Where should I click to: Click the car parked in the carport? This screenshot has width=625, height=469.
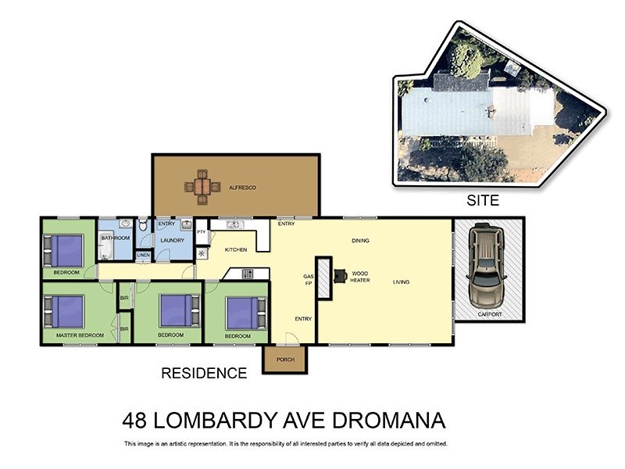pos(484,266)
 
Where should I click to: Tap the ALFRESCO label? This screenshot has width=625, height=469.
pos(242,188)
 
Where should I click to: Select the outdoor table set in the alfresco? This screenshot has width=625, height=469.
pos(202,188)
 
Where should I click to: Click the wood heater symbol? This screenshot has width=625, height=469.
pos(341,275)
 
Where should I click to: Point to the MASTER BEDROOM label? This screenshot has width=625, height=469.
pos(80,335)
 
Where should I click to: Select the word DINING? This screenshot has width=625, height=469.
pos(360,241)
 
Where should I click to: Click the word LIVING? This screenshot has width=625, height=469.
pos(402,282)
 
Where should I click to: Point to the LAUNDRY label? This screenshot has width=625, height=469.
pos(171,240)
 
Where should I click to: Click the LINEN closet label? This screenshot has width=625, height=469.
pos(143,256)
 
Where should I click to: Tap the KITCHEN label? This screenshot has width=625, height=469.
pos(236,249)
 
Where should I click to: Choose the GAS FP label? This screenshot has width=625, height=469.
pos(308,280)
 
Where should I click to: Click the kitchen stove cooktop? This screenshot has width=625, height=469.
pos(248,274)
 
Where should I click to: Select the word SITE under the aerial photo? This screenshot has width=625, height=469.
pos(483,201)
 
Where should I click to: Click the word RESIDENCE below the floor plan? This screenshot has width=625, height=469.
pos(204,374)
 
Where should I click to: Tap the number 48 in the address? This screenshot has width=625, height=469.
pos(137,421)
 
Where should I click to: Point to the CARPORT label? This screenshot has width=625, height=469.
pos(491,314)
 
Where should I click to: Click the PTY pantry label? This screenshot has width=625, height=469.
pos(201,232)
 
